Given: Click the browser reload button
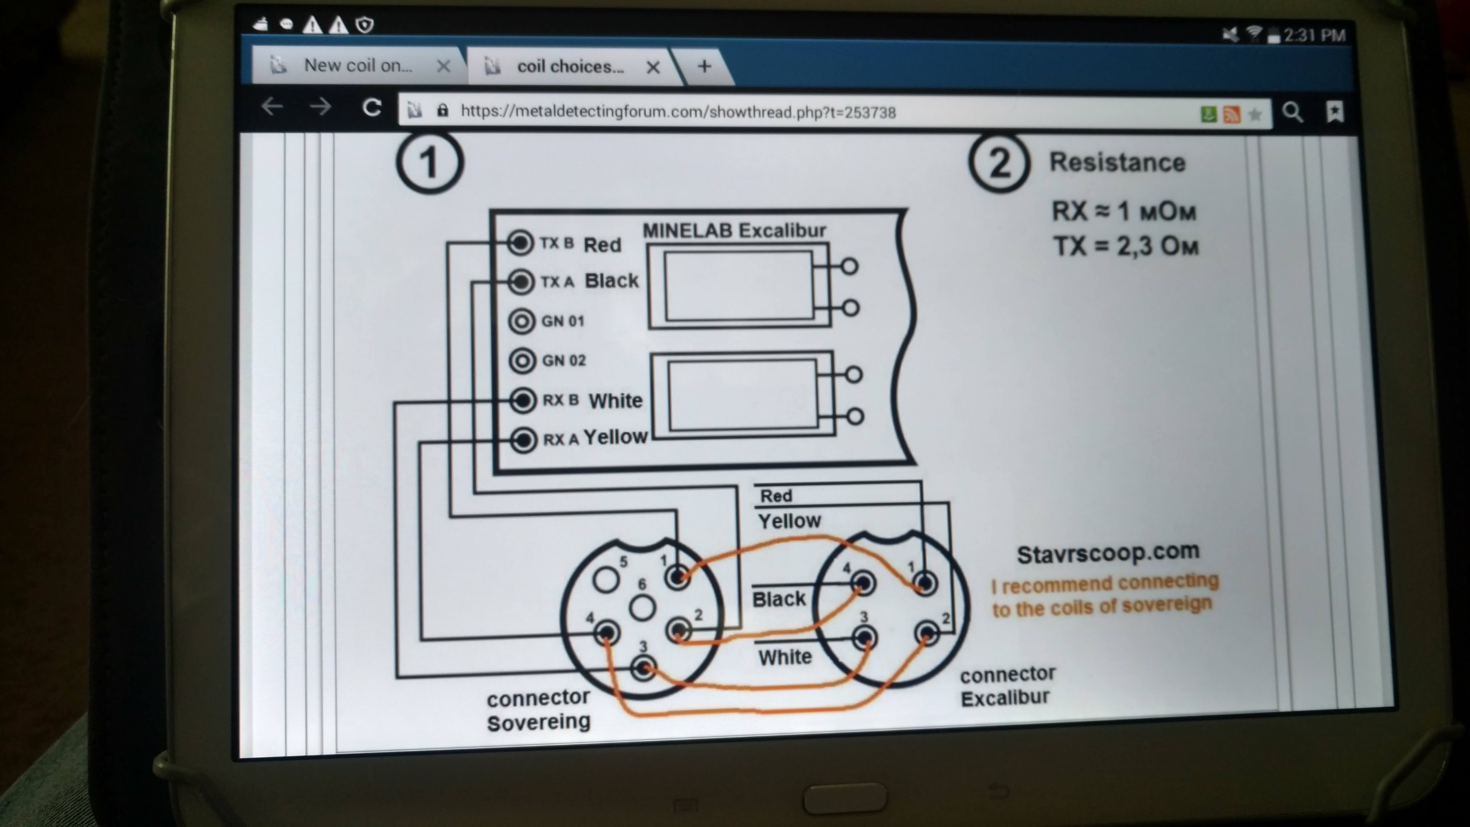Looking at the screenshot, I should pyautogui.click(x=372, y=107).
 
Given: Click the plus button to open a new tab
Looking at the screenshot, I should pyautogui.click(x=704, y=67).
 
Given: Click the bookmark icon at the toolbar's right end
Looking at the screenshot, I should pyautogui.click(x=1334, y=112).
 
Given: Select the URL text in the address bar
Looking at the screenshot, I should pyautogui.click(x=678, y=113).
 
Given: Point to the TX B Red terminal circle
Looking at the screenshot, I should pyautogui.click(x=520, y=243).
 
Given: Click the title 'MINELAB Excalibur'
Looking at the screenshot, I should pyautogui.click(x=734, y=231).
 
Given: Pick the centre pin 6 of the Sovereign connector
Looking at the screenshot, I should pyautogui.click(x=642, y=608).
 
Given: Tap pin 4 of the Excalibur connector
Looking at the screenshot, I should pyautogui.click(x=863, y=583).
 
